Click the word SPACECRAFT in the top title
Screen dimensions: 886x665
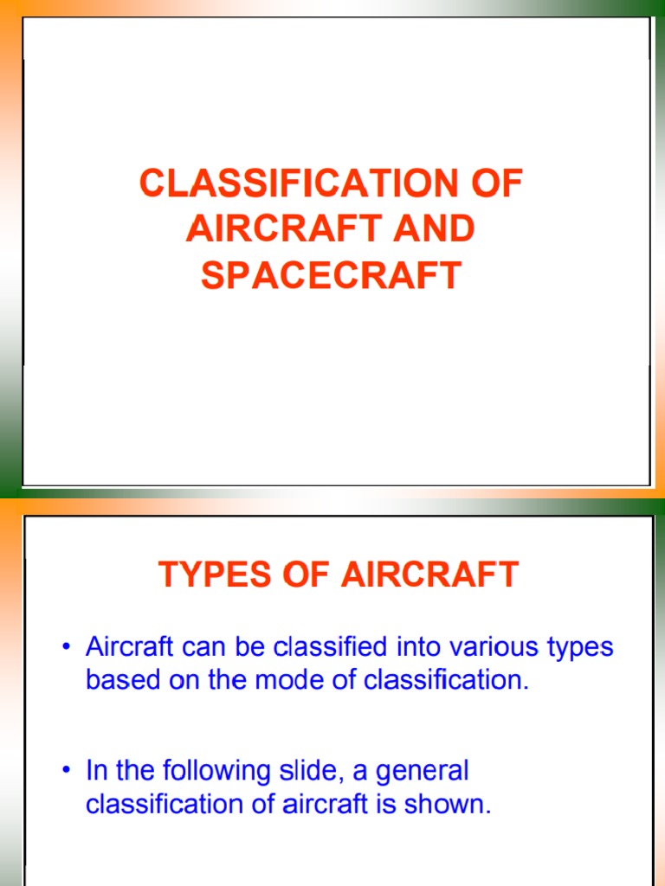(x=332, y=275)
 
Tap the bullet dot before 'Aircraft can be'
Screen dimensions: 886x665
(x=67, y=647)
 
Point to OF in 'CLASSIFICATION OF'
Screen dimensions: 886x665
(x=500, y=184)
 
